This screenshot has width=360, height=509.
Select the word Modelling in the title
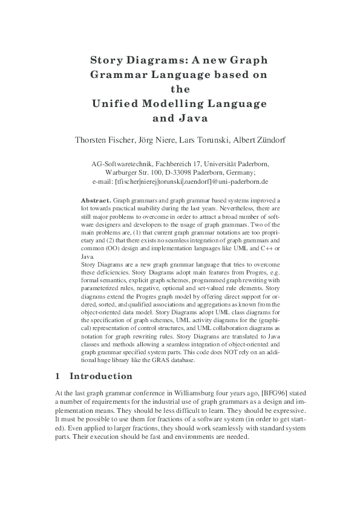[x=175, y=103]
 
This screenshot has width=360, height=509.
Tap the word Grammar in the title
[x=118, y=75]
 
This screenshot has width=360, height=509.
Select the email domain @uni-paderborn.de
[x=242, y=181]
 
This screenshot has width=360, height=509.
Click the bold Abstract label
[x=96, y=199]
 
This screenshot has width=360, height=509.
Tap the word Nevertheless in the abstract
[x=223, y=207]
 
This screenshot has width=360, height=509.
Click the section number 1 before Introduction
[x=57, y=377]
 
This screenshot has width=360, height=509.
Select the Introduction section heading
[x=101, y=377]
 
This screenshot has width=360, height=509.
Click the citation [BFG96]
[x=273, y=393]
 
